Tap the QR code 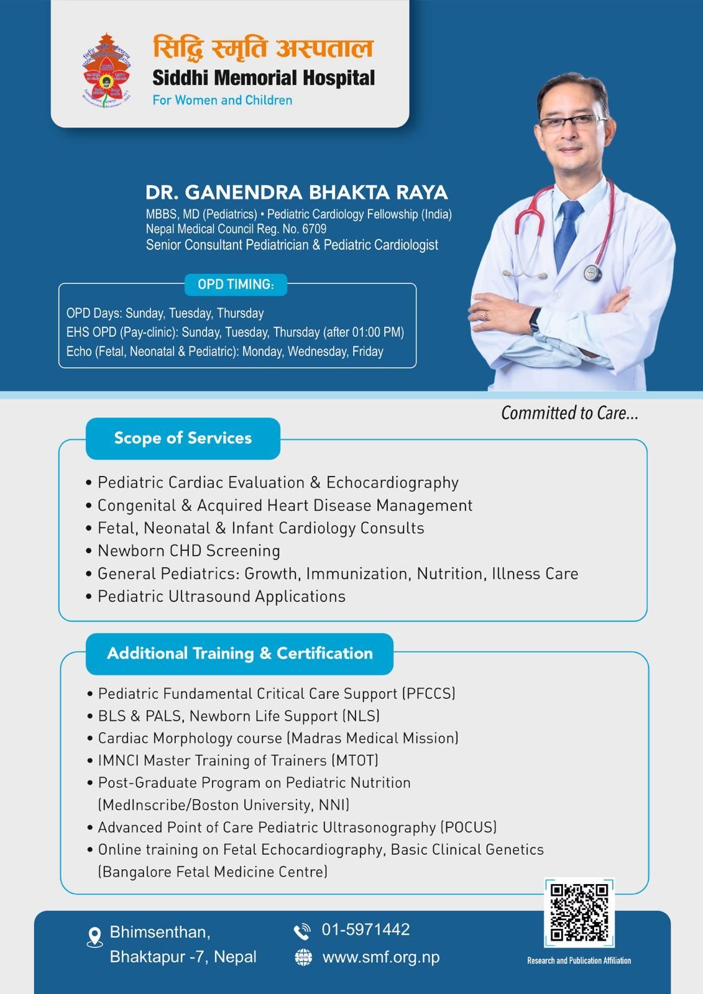579,912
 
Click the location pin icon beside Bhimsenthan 94,937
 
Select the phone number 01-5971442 365,930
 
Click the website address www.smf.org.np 380,957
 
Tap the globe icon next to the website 303,957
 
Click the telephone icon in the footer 302,931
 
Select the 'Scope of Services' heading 183,439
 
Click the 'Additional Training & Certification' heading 240,654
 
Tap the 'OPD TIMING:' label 236,285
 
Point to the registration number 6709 314,229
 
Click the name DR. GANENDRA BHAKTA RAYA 296,193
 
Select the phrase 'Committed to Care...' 569,413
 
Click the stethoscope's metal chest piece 592,273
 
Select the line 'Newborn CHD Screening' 188,551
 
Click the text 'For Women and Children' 223,101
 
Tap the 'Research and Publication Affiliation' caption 579,960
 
